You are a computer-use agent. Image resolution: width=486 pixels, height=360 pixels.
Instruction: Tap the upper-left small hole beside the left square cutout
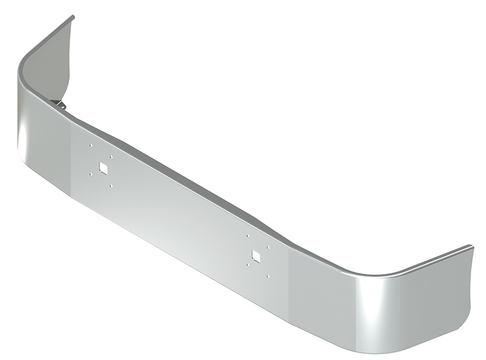[x=89, y=146]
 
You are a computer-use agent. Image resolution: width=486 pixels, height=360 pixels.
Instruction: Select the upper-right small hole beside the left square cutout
[x=111, y=157]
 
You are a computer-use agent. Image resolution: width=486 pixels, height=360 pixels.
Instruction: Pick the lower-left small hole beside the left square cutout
[x=91, y=175]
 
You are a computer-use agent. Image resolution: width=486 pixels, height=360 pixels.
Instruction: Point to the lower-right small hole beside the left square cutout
[x=111, y=186]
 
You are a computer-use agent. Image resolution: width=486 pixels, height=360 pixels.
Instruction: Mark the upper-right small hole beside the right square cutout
[x=267, y=247]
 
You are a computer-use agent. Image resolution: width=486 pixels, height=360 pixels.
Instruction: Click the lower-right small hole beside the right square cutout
[x=268, y=277]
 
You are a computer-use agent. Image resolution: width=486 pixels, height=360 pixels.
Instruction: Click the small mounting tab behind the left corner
[x=61, y=105]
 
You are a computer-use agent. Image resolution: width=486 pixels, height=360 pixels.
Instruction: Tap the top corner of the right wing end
[x=471, y=246]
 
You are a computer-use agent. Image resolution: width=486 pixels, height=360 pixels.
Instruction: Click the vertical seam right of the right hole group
[x=289, y=285]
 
